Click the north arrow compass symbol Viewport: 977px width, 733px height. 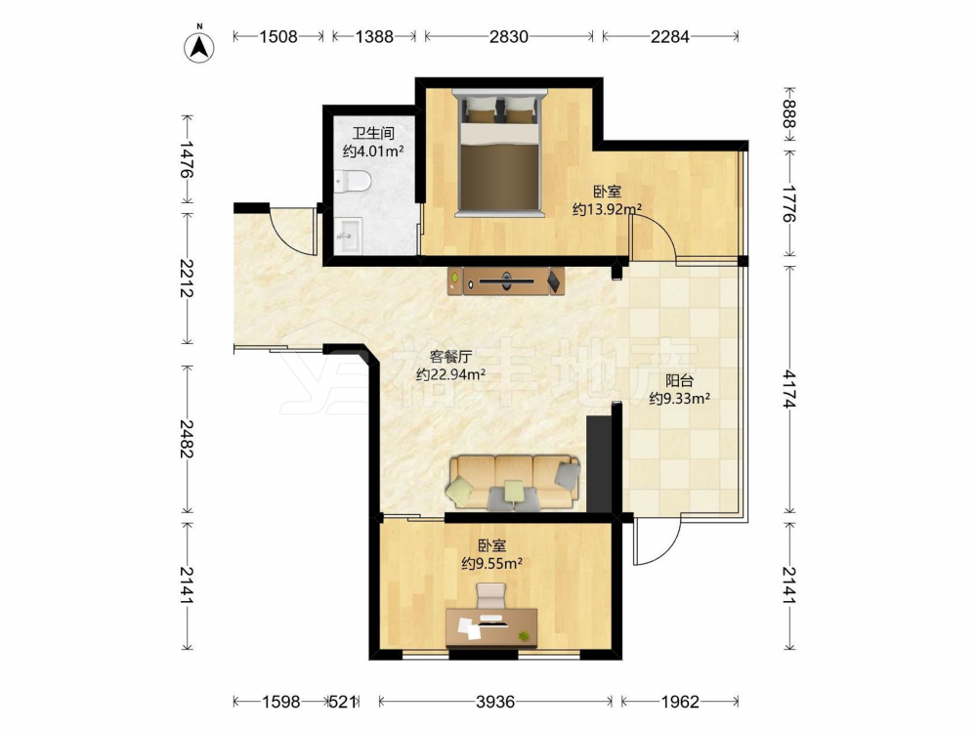pos(199,46)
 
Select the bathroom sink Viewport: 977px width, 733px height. pos(349,235)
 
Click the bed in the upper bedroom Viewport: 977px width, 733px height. pos(499,154)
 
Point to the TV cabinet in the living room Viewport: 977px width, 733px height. pos(506,280)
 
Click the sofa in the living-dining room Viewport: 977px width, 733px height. pos(513,483)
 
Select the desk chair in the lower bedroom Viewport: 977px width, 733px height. pos(491,595)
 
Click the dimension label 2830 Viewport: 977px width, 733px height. pos(508,37)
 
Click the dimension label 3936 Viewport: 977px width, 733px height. pos(495,702)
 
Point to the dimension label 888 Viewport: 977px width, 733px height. pos(789,113)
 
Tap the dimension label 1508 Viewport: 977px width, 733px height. pos(278,37)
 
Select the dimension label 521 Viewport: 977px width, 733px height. pos(343,702)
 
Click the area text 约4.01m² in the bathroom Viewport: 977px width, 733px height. pos(373,151)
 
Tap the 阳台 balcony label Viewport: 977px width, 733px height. pos(679,380)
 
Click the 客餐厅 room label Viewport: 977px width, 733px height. pos(450,357)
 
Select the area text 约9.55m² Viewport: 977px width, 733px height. pos(491,564)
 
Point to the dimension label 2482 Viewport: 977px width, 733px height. pos(187,438)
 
